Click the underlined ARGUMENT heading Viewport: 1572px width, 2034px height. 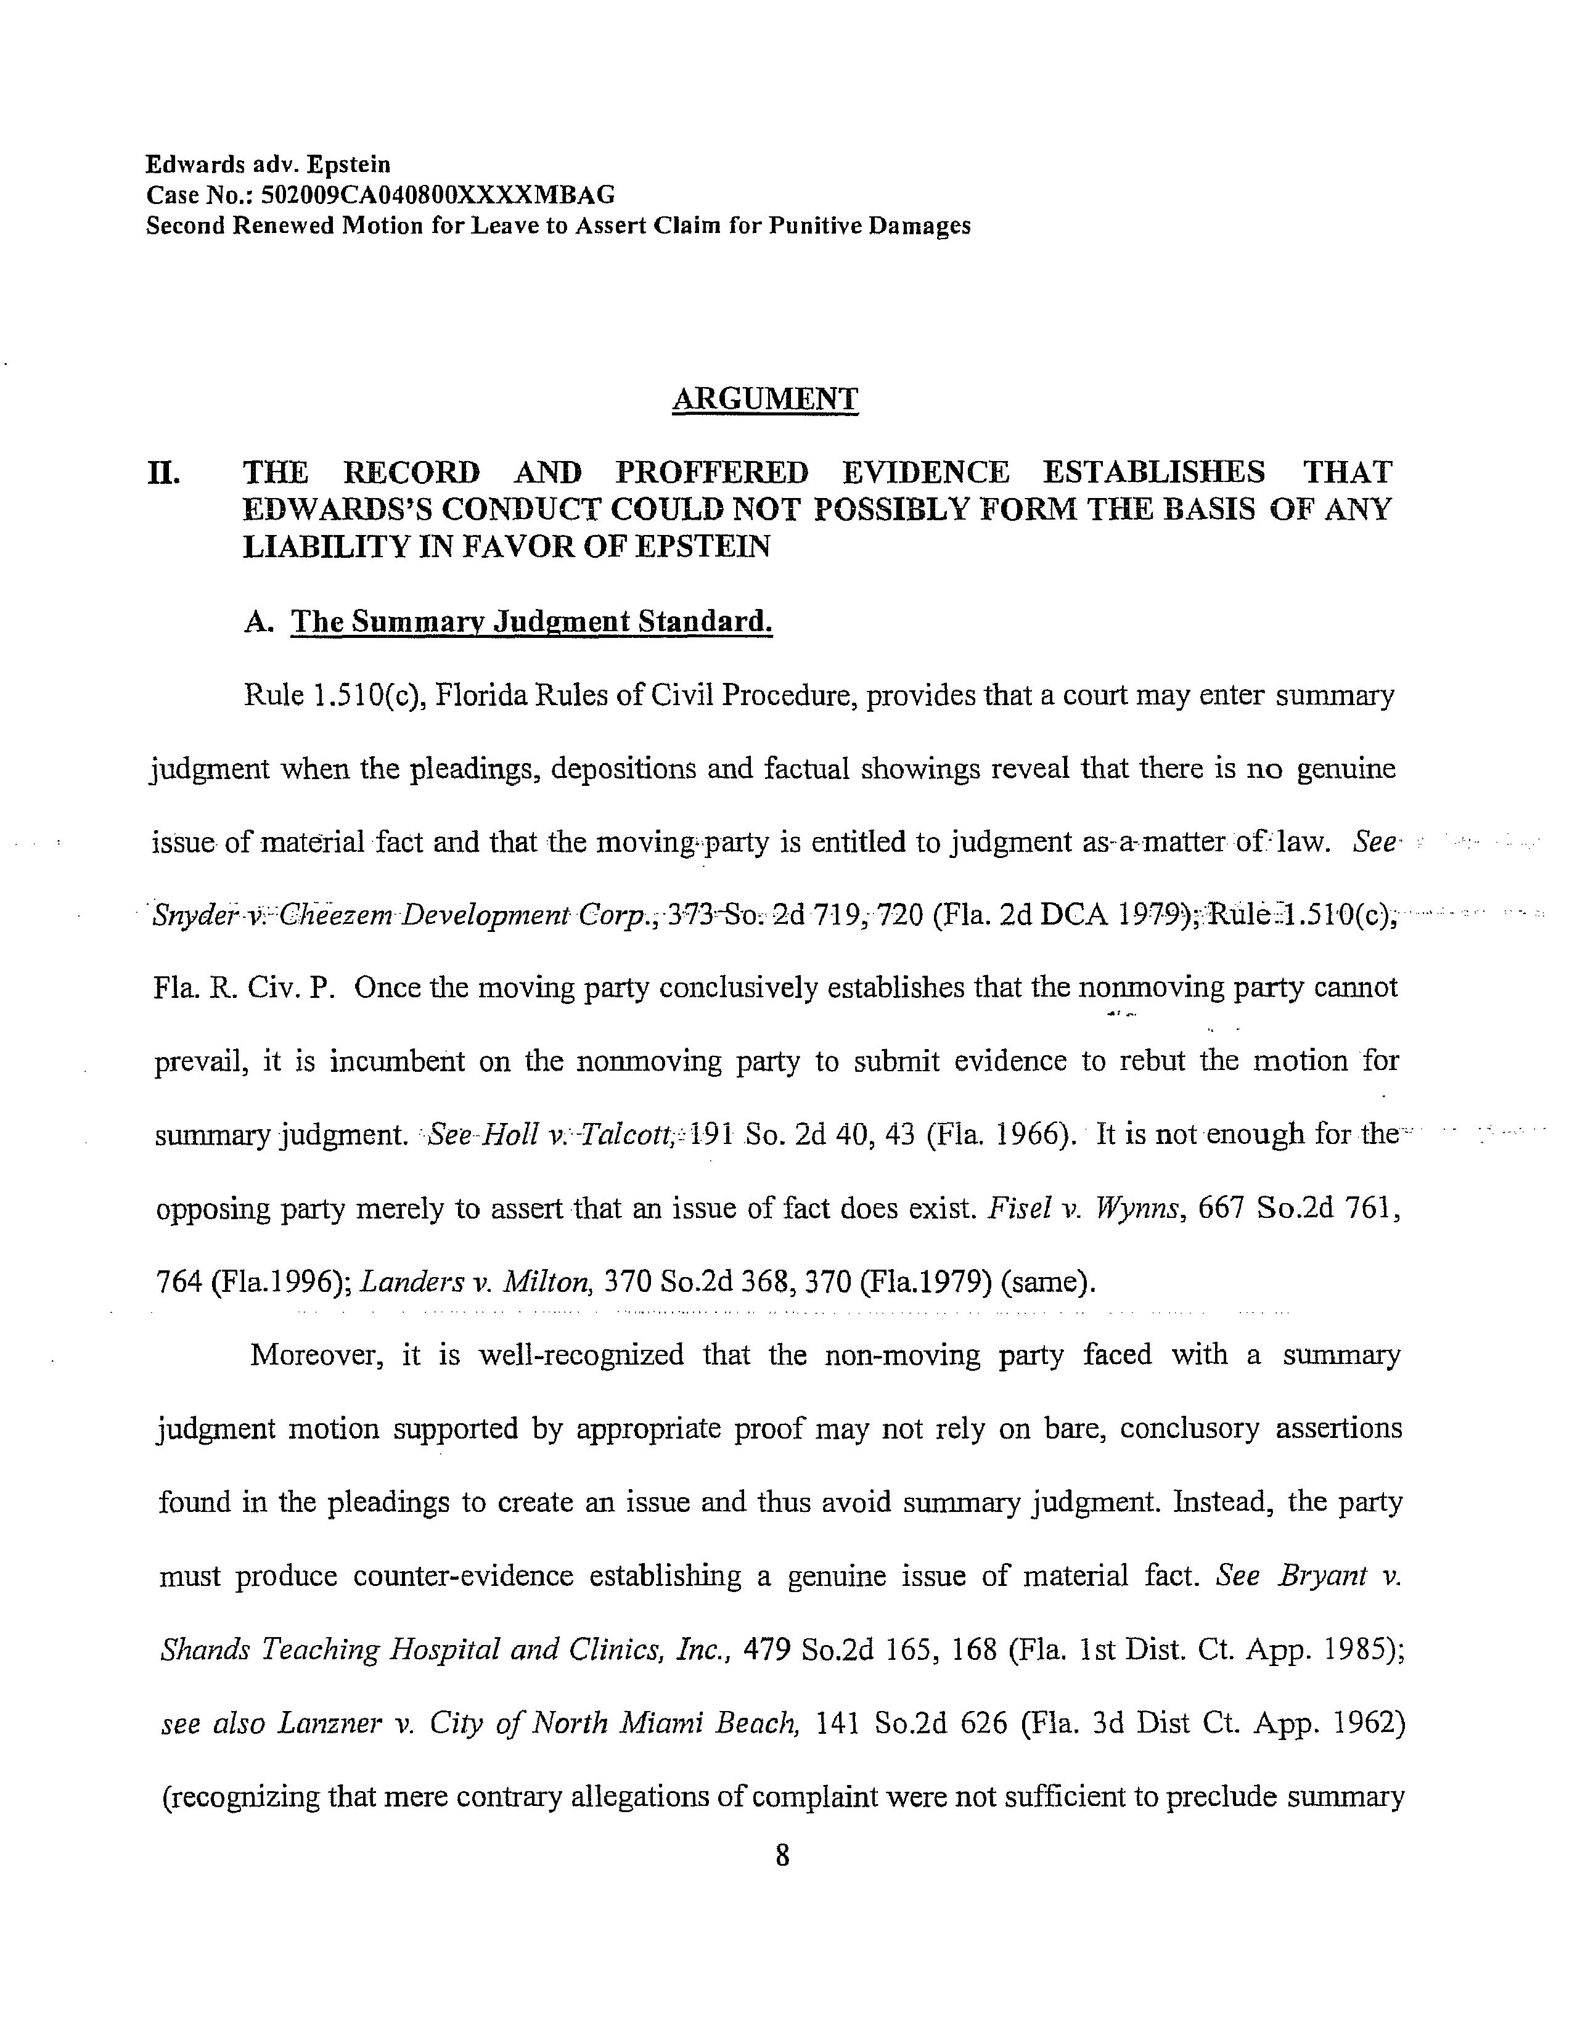click(x=764, y=399)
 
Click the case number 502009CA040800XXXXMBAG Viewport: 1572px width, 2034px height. click(x=439, y=195)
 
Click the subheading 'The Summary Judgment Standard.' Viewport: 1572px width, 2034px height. click(x=532, y=621)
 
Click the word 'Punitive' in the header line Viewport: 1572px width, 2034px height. click(x=817, y=226)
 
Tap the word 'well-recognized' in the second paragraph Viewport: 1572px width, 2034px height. click(x=581, y=1354)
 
